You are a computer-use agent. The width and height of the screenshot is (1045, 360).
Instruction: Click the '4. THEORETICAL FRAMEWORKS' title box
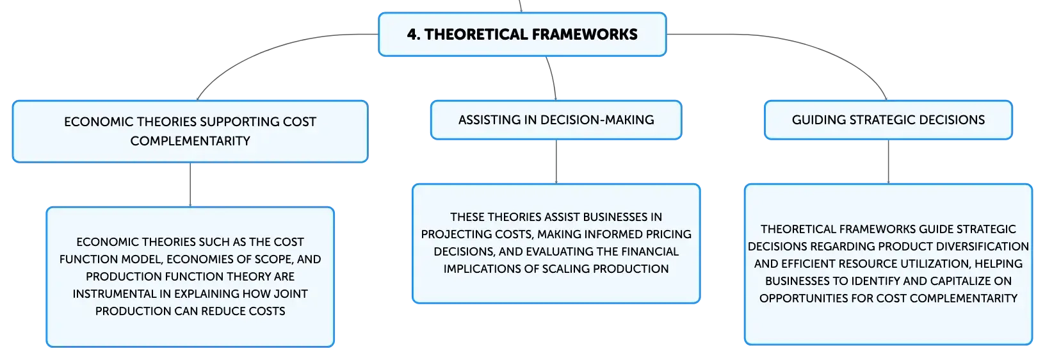pos(522,35)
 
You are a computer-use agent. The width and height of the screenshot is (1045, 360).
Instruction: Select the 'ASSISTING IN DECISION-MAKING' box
pos(556,120)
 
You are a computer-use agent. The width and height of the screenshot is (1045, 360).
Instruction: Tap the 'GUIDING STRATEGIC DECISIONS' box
pos(888,120)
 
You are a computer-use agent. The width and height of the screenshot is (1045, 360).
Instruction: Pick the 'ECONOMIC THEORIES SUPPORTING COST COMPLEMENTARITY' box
pos(190,132)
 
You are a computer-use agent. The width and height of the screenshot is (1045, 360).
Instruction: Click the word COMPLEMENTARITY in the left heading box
pos(190,141)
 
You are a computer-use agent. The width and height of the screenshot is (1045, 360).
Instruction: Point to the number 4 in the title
pos(412,35)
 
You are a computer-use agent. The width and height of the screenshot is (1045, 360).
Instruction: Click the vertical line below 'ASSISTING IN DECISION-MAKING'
pos(556,161)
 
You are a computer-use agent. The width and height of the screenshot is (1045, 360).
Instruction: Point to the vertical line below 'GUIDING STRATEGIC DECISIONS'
pos(888,161)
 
